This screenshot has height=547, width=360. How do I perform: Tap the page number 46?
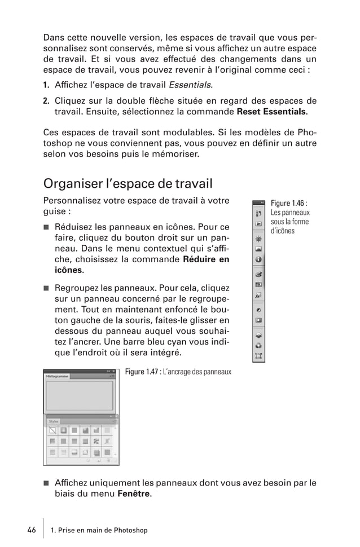pyautogui.click(x=31, y=530)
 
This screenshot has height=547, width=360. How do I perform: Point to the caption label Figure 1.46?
pyautogui.click(x=288, y=203)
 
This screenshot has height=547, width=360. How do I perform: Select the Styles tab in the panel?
pyautogui.click(x=54, y=421)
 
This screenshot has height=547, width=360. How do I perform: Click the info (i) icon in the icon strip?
pyautogui.click(x=258, y=260)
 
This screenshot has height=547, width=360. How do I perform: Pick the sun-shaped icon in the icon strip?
pyautogui.click(x=258, y=239)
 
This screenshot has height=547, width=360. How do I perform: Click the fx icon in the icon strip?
pyautogui.click(x=258, y=294)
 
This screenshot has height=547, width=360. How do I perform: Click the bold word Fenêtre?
pyautogui.click(x=133, y=495)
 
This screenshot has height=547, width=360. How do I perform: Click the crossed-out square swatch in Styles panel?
pyautogui.click(x=52, y=431)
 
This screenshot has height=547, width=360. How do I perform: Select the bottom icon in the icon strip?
pyautogui.click(x=258, y=356)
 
